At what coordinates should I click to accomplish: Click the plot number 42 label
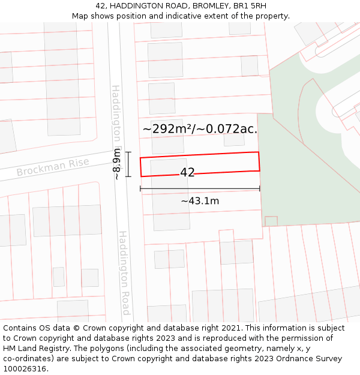pos(187,172)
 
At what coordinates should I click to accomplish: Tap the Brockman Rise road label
pos(53,167)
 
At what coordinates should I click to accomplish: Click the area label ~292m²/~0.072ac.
pos(200,128)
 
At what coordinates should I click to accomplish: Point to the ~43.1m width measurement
pos(200,201)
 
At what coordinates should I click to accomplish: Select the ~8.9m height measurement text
pos(116,164)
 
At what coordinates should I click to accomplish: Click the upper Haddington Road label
pos(117,120)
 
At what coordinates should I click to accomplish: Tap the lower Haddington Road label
pos(124,273)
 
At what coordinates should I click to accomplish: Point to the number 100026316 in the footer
pos(23,369)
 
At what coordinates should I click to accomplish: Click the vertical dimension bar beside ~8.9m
pos(128,164)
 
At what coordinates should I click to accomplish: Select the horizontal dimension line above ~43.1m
pos(200,189)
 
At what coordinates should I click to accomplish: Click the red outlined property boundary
pos(200,153)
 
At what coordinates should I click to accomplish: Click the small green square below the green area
pos(271,221)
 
